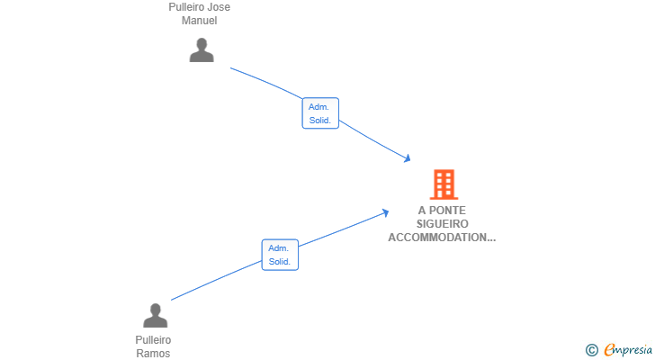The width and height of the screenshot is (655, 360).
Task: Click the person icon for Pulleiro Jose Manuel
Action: pos(202,50)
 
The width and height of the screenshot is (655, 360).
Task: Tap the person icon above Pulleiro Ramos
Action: pos(156,315)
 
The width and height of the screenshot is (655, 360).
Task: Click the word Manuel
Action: pos(199,21)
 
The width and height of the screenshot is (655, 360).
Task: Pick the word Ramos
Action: pos(153,354)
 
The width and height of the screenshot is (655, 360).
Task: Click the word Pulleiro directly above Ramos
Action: pos(153,340)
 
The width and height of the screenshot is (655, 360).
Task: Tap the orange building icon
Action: pos(444,184)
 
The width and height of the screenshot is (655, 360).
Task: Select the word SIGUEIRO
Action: pos(443,224)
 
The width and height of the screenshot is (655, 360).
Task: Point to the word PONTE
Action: pos(447,211)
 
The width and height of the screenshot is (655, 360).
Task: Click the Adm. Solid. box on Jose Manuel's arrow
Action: pos(320,113)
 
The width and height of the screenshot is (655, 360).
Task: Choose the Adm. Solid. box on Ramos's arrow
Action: pos(280,255)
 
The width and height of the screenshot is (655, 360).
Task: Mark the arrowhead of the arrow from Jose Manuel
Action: pos(408,158)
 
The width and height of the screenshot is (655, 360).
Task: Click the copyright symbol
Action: pos(591,350)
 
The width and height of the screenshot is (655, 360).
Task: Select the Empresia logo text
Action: pos(628,350)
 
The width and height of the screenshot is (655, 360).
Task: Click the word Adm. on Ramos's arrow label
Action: pos(278,248)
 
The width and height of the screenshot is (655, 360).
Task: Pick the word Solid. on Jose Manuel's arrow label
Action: pos(320,121)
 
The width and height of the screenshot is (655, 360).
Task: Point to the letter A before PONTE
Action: pos(422,211)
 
